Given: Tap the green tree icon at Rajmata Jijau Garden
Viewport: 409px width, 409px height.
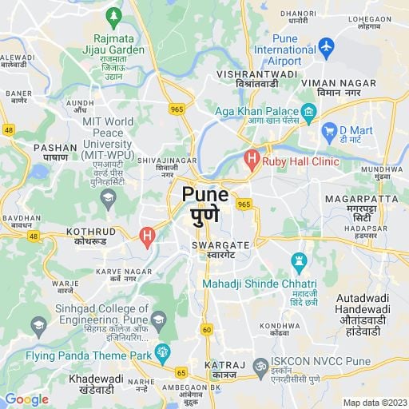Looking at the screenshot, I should pos(113,15).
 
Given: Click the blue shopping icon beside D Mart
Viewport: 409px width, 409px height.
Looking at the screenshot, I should pos(328,129).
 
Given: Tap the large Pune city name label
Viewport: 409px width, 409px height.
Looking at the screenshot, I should pos(205,194).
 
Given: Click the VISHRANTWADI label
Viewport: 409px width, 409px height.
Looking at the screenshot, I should pos(257,73).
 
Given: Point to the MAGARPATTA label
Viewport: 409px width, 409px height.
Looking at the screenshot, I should pos(360,198).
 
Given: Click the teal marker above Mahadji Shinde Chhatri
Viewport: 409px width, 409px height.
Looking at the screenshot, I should pos(299,261).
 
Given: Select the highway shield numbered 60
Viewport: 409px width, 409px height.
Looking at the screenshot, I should pos(207,329).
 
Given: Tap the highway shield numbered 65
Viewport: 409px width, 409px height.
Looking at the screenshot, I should pos(181,372).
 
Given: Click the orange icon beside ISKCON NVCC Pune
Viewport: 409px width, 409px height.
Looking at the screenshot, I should pos(258,367).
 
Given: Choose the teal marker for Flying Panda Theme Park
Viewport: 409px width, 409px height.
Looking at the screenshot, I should pos(163,351).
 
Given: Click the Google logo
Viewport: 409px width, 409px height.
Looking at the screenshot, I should pos(26,399).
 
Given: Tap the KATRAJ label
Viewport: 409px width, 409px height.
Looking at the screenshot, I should pos(219,365).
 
